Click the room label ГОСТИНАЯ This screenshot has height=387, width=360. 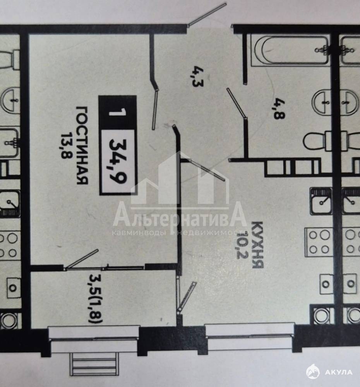click(82, 146)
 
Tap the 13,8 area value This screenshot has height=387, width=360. click(65, 146)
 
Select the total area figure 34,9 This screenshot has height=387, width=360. click(118, 161)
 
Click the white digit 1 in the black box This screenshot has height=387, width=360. click(118, 113)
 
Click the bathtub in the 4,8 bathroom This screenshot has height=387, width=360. click(290, 50)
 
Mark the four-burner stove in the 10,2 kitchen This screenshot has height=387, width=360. click(318, 242)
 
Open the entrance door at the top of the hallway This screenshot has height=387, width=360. click(207, 14)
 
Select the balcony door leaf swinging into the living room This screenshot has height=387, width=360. click(82, 259)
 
